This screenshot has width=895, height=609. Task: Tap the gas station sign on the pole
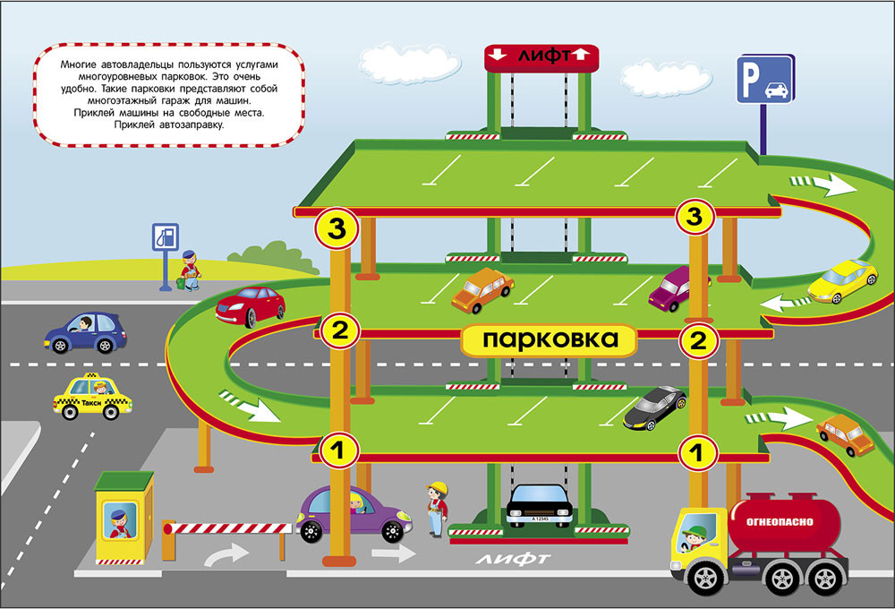(x=165, y=239)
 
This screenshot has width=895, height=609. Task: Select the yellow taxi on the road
(x=92, y=397)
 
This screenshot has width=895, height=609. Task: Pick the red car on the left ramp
(x=251, y=304)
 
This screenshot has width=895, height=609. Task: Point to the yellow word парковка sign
(x=550, y=340)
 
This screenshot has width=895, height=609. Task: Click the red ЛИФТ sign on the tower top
(x=541, y=56)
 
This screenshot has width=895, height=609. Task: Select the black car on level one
(x=654, y=407)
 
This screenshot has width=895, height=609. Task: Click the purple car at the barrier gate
(x=354, y=513)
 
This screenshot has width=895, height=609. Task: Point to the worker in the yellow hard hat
(x=437, y=509)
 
